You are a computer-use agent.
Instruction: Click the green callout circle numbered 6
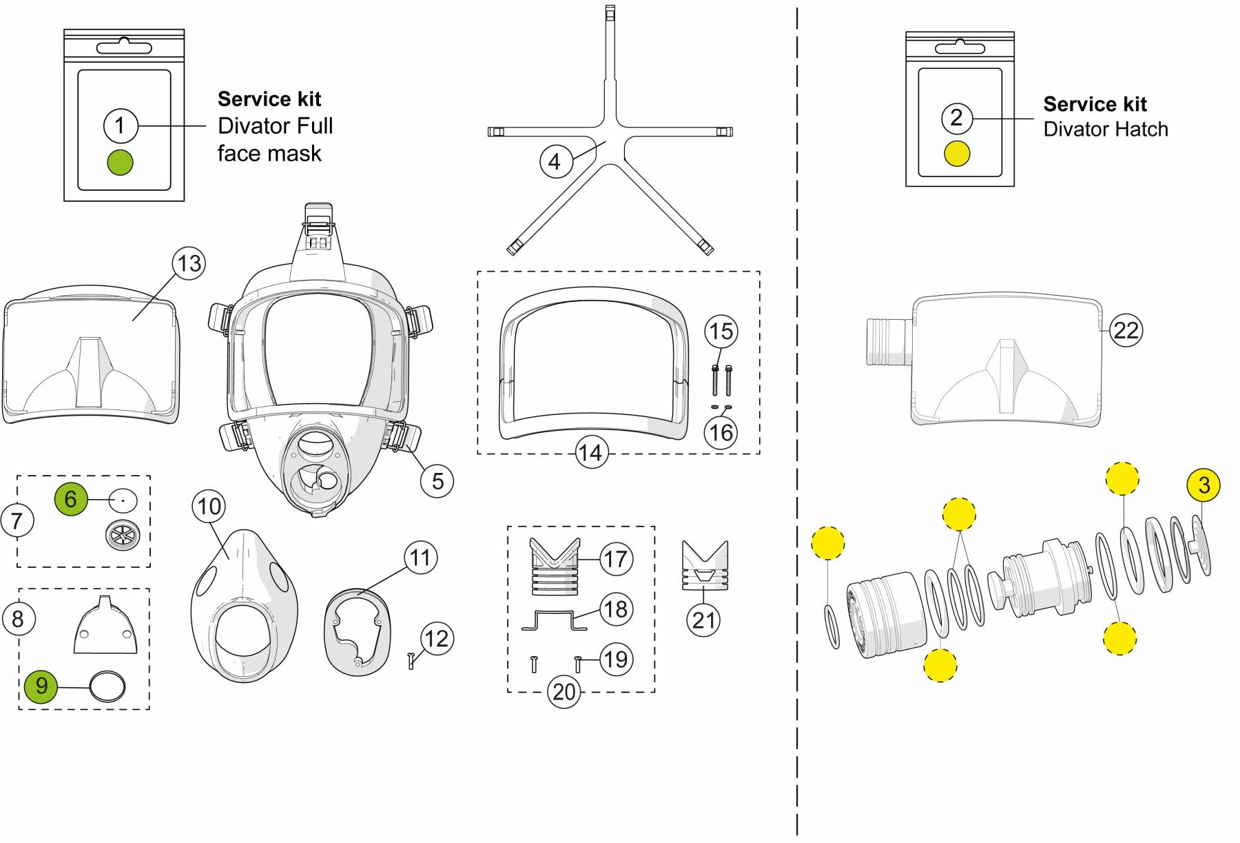coord(72,498)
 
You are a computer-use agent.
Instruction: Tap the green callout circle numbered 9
coord(41,685)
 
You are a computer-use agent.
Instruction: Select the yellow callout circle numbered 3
coord(1203,485)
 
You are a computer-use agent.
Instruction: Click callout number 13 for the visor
coord(189,263)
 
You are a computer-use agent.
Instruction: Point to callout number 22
coord(1126,331)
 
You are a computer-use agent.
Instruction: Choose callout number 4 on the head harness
coord(555,162)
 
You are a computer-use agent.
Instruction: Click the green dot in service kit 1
coord(120,162)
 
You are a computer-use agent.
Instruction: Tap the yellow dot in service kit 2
coord(957,153)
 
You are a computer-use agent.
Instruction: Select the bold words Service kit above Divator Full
coord(269,99)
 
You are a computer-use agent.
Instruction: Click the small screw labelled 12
coord(411,661)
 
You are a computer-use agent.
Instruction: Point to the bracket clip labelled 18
coord(555,620)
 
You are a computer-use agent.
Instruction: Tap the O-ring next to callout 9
coord(108,687)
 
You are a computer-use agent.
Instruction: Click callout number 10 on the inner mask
coord(209,507)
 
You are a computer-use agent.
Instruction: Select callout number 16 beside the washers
coord(721,434)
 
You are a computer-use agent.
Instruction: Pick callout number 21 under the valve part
coord(703,620)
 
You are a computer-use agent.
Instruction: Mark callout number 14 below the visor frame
coord(590,453)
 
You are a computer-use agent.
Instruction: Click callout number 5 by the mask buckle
coord(437,480)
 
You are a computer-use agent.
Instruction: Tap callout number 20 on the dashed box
coord(564,691)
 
